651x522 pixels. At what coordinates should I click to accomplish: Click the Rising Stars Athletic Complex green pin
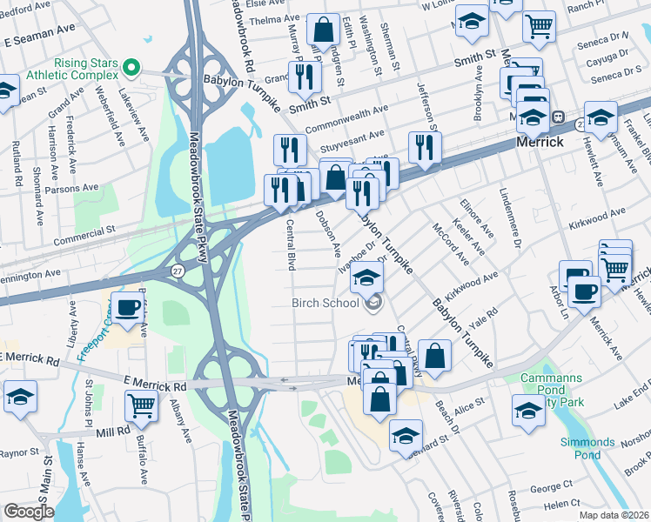tap(131, 67)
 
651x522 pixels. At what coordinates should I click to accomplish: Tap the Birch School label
tap(325, 303)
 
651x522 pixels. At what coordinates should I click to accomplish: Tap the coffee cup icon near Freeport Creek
tap(128, 308)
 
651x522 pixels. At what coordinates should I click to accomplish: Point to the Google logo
tap(29, 512)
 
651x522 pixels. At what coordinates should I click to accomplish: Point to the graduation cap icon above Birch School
tap(367, 278)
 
